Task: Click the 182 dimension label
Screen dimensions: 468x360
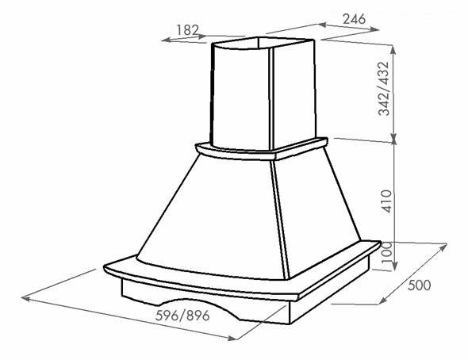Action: (187, 30)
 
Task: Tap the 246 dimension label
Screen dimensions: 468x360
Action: (354, 19)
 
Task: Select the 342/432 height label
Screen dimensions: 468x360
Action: (384, 89)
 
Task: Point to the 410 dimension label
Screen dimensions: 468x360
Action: (386, 201)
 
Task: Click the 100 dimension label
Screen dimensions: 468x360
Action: (386, 252)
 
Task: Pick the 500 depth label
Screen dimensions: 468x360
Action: (420, 285)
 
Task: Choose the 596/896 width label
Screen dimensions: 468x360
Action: (182, 316)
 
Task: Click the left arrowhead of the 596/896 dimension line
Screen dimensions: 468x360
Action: (25, 297)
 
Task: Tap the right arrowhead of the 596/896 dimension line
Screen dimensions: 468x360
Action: (232, 338)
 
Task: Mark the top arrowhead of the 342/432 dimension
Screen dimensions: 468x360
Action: (393, 49)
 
